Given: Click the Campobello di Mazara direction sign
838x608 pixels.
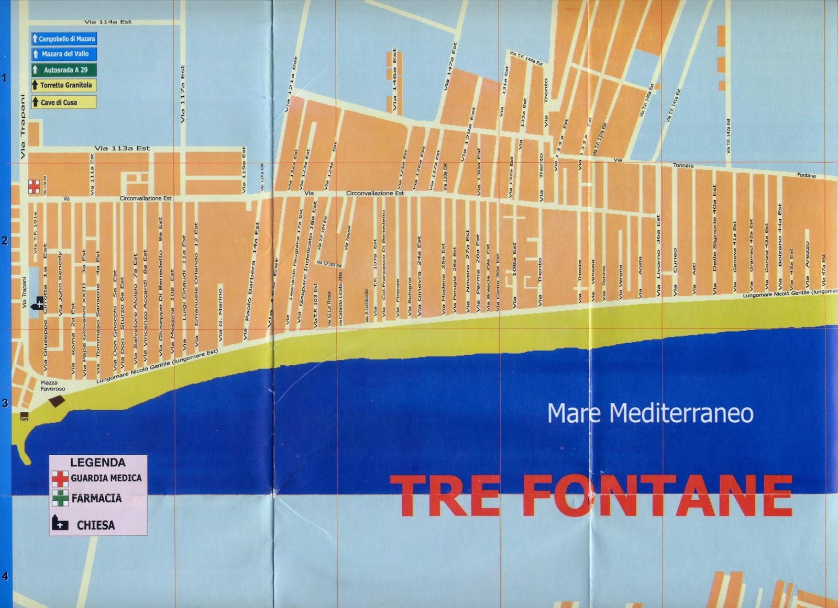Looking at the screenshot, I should [x=63, y=39].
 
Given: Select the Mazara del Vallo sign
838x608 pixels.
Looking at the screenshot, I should [x=63, y=54].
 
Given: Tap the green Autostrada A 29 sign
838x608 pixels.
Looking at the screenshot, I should [x=63, y=70].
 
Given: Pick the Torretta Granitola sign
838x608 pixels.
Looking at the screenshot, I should [x=63, y=85].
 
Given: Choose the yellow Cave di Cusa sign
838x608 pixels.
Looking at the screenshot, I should [x=63, y=102].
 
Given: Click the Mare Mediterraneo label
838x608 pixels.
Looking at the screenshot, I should [x=650, y=413].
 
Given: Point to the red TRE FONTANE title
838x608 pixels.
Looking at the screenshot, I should [x=591, y=495].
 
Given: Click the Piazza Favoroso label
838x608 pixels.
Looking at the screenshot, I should [x=53, y=386].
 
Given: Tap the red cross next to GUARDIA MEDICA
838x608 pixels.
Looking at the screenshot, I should [x=60, y=478].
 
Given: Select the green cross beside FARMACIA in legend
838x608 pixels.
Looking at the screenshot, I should [x=60, y=498].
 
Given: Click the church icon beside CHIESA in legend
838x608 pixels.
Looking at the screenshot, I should [x=60, y=523].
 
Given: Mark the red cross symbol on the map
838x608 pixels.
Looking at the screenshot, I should [x=34, y=186].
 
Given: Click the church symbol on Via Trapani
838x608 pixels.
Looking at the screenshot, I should [x=38, y=303].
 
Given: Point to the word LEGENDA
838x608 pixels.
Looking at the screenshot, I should [x=98, y=463].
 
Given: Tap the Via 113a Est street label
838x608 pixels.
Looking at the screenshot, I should [x=122, y=148].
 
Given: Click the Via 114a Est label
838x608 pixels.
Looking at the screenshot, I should [x=108, y=22].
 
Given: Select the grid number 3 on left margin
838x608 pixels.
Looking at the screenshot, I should [x=5, y=403].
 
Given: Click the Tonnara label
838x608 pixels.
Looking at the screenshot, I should [x=683, y=165].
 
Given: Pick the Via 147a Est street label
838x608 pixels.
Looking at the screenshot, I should [x=450, y=66].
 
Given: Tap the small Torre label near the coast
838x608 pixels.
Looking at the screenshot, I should [x=24, y=419].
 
